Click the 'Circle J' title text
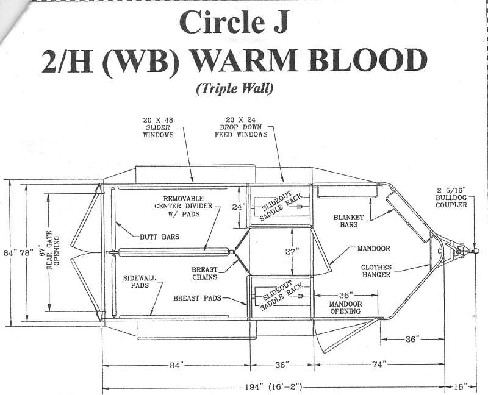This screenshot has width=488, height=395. (x=234, y=22)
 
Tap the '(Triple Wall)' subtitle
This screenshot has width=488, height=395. (x=235, y=88)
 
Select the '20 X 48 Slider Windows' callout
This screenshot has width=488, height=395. (x=158, y=127)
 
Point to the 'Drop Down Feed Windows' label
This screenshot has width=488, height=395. (x=241, y=130)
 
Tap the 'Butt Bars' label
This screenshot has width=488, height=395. (x=159, y=237)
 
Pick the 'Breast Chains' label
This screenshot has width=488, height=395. (x=204, y=273)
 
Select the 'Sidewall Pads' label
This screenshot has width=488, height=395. (x=140, y=282)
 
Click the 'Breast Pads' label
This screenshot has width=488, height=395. (x=197, y=298)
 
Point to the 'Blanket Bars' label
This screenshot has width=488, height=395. (x=348, y=221)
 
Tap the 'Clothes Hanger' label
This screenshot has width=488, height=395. (x=376, y=271)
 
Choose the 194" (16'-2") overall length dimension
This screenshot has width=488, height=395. (x=273, y=387)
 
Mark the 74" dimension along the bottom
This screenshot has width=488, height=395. (x=379, y=364)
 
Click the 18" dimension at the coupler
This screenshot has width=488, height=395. (x=461, y=386)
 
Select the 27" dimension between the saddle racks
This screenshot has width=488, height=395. (x=292, y=251)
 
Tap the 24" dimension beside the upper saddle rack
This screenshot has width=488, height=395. (x=239, y=207)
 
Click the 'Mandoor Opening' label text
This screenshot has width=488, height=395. (x=345, y=307)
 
